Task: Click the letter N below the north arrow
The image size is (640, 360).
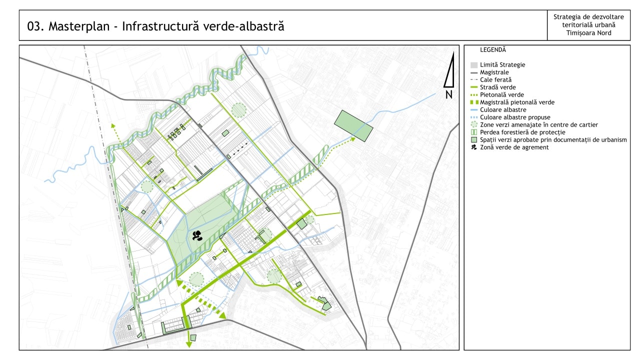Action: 449,94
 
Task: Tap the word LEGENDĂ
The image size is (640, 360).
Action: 493,50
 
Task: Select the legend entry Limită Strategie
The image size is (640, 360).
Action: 502,65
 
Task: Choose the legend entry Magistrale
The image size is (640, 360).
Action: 494,72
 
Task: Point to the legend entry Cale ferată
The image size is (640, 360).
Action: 495,80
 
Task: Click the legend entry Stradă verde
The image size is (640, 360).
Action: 497,87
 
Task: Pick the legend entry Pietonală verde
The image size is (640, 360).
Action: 502,95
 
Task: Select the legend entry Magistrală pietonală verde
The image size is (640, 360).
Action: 517,102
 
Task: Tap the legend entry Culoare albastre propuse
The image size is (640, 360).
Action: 515,117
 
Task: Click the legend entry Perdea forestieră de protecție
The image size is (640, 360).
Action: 522,132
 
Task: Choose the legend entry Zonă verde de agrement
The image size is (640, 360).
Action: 514,147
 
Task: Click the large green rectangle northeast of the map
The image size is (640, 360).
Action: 353,125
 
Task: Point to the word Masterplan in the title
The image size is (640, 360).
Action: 77,26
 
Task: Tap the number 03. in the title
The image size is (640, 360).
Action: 35,26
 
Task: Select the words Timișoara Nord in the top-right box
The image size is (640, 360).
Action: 588,33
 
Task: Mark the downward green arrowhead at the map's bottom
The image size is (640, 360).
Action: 189,343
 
